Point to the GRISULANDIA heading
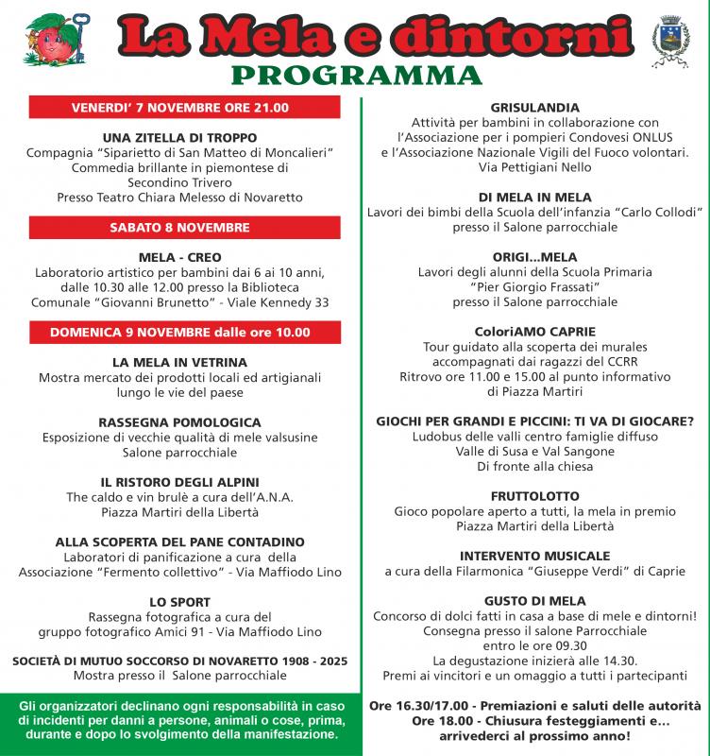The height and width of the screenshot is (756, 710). point(535,108)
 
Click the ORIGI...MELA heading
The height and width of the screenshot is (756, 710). point(535,257)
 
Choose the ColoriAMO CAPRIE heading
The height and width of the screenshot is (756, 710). point(535,333)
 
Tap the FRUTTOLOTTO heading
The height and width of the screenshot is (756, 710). point(535,496)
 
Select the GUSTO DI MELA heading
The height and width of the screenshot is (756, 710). point(535,601)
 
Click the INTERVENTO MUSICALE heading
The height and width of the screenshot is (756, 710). point(535,557)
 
